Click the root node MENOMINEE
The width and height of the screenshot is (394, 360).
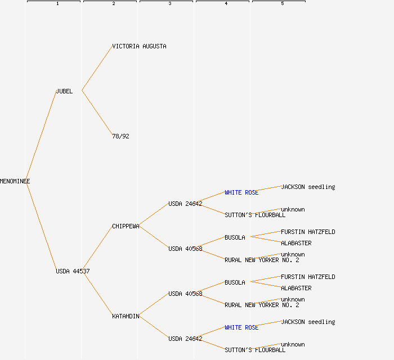pyautogui.click(x=15, y=181)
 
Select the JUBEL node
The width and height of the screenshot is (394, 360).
pyautogui.click(x=64, y=91)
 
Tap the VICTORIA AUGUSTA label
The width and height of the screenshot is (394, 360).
pyautogui.click(x=139, y=46)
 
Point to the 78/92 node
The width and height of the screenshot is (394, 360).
pyautogui.click(x=120, y=136)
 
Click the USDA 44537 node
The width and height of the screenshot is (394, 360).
pyautogui.click(x=73, y=271)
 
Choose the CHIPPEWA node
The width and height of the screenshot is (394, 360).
pyautogui.click(x=126, y=226)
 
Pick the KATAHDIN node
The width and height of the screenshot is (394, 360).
pyautogui.click(x=126, y=316)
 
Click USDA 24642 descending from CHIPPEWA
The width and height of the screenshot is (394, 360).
pyautogui.click(x=185, y=204)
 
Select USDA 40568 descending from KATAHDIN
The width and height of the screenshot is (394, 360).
pyautogui.click(x=185, y=294)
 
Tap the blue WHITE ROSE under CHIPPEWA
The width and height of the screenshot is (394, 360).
pyautogui.click(x=241, y=192)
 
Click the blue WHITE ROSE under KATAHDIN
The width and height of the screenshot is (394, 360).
pyautogui.click(x=241, y=327)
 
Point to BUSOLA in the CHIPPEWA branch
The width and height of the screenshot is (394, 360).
pyautogui.click(x=235, y=237)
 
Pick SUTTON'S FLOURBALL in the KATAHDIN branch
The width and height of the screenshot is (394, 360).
pyautogui.click(x=255, y=350)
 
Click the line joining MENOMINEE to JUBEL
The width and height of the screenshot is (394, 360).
pyautogui.click(x=41, y=136)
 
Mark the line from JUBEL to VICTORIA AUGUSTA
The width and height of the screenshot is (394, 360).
pyautogui.click(x=97, y=69)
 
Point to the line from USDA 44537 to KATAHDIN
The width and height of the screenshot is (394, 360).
pyautogui.click(x=97, y=294)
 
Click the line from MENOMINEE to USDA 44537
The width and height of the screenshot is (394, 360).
pyautogui.click(x=41, y=226)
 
